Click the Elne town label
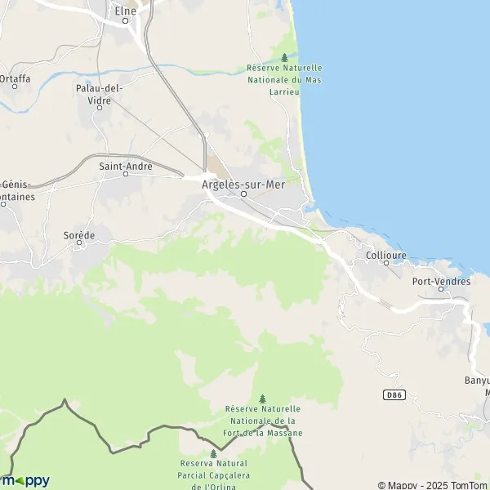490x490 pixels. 125,11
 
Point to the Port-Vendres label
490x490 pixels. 441,281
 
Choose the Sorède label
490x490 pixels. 79,234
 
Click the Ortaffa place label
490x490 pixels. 15,78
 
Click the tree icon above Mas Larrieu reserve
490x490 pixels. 284,57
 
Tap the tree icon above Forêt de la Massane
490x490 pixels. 262,399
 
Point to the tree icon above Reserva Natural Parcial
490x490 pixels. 213,453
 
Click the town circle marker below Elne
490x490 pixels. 126,21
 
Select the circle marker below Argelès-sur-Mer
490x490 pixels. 243,194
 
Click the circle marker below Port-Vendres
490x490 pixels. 441,289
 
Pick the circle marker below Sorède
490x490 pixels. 79,243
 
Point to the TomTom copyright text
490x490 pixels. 433,484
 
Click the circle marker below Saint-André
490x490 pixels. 126,174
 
